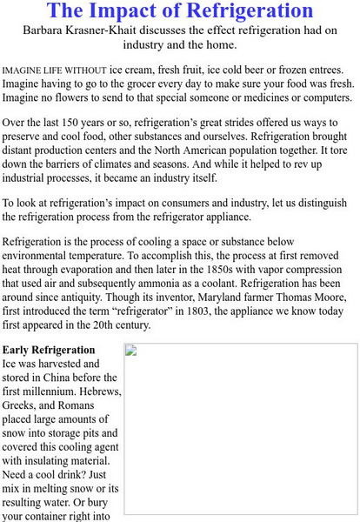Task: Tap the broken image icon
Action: point(132,351)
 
